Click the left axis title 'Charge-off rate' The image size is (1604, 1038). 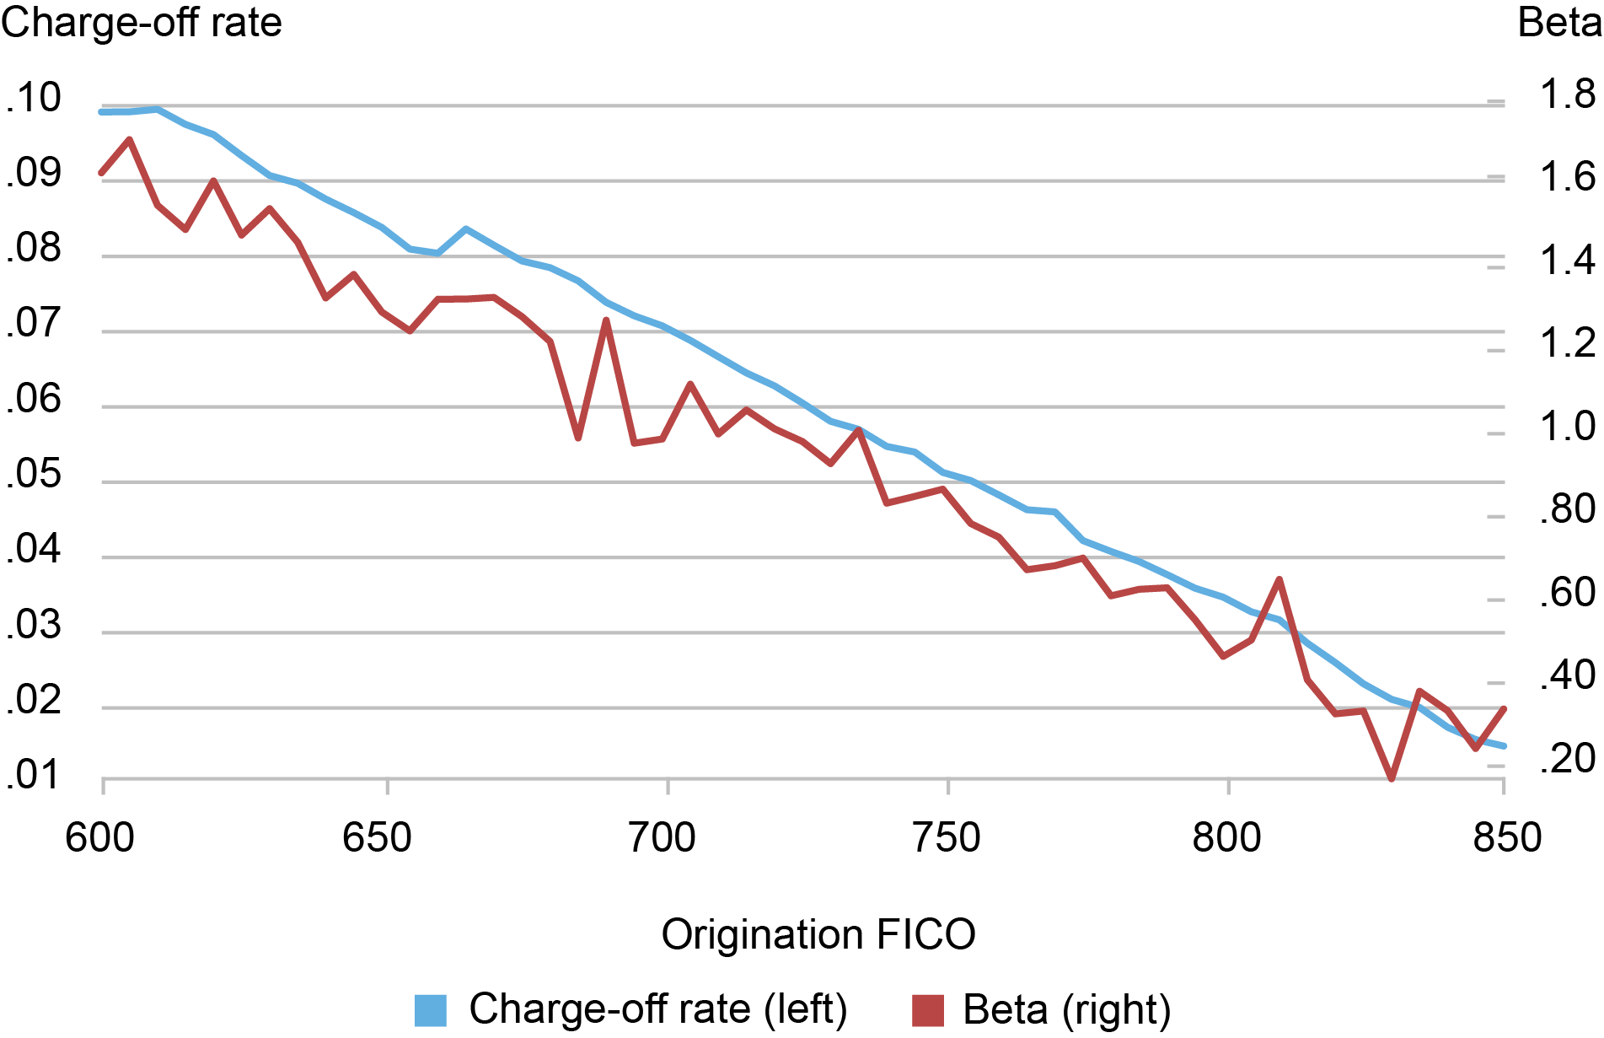click(142, 23)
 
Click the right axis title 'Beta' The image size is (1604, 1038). click(1559, 23)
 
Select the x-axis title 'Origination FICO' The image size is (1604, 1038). click(818, 935)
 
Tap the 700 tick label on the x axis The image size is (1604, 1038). click(663, 838)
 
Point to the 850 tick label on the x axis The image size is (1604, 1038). click(1507, 838)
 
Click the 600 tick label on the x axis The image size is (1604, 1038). click(99, 838)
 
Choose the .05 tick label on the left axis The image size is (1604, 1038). click(34, 475)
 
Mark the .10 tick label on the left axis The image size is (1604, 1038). click(34, 98)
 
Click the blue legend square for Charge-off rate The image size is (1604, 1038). click(431, 1010)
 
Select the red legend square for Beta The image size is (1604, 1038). click(928, 1010)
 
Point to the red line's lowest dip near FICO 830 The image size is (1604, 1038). click(1392, 778)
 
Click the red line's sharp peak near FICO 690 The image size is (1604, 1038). click(606, 320)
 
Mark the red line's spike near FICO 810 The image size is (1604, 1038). click(1279, 579)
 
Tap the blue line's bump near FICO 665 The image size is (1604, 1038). click(466, 229)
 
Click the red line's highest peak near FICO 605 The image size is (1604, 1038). click(129, 140)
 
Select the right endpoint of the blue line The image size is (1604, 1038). click(1505, 745)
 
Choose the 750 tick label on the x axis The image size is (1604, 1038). click(947, 838)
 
